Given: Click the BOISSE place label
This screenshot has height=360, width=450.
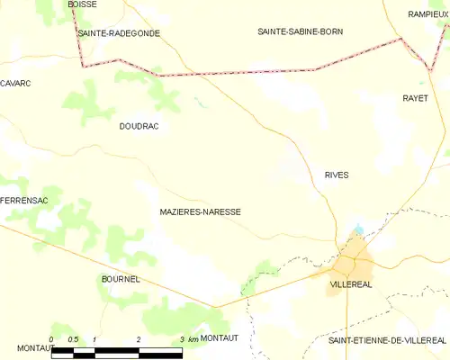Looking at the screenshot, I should pyautogui.click(x=83, y=4).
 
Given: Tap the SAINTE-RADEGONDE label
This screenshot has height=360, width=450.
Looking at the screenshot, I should pyautogui.click(x=119, y=32).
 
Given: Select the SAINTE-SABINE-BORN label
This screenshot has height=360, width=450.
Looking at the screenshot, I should pyautogui.click(x=300, y=31).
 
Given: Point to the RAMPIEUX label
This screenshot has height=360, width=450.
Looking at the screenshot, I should pyautogui.click(x=427, y=14).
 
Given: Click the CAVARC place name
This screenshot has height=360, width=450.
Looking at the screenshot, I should pyautogui.click(x=15, y=83).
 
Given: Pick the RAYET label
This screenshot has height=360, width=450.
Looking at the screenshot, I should pyautogui.click(x=415, y=97).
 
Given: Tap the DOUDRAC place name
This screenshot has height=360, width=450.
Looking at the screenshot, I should pyautogui.click(x=139, y=127).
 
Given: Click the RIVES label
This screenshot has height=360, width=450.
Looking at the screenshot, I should pyautogui.click(x=337, y=175).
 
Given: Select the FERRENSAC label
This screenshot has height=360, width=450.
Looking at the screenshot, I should pyautogui.click(x=18, y=199).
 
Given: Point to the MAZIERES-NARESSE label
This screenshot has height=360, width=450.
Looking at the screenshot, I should pyautogui.click(x=199, y=212).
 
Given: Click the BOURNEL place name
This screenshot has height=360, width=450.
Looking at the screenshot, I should pyautogui.click(x=120, y=280).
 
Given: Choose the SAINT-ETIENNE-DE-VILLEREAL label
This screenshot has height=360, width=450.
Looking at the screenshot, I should pyautogui.click(x=387, y=340).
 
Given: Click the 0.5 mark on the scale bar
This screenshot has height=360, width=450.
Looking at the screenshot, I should pyautogui.click(x=73, y=338).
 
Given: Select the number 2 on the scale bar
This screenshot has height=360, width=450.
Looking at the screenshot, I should pyautogui.click(x=139, y=338).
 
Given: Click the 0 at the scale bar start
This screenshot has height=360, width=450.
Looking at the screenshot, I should pyautogui.click(x=51, y=338).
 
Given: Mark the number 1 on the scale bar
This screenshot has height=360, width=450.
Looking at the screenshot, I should pyautogui.click(x=94, y=338).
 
